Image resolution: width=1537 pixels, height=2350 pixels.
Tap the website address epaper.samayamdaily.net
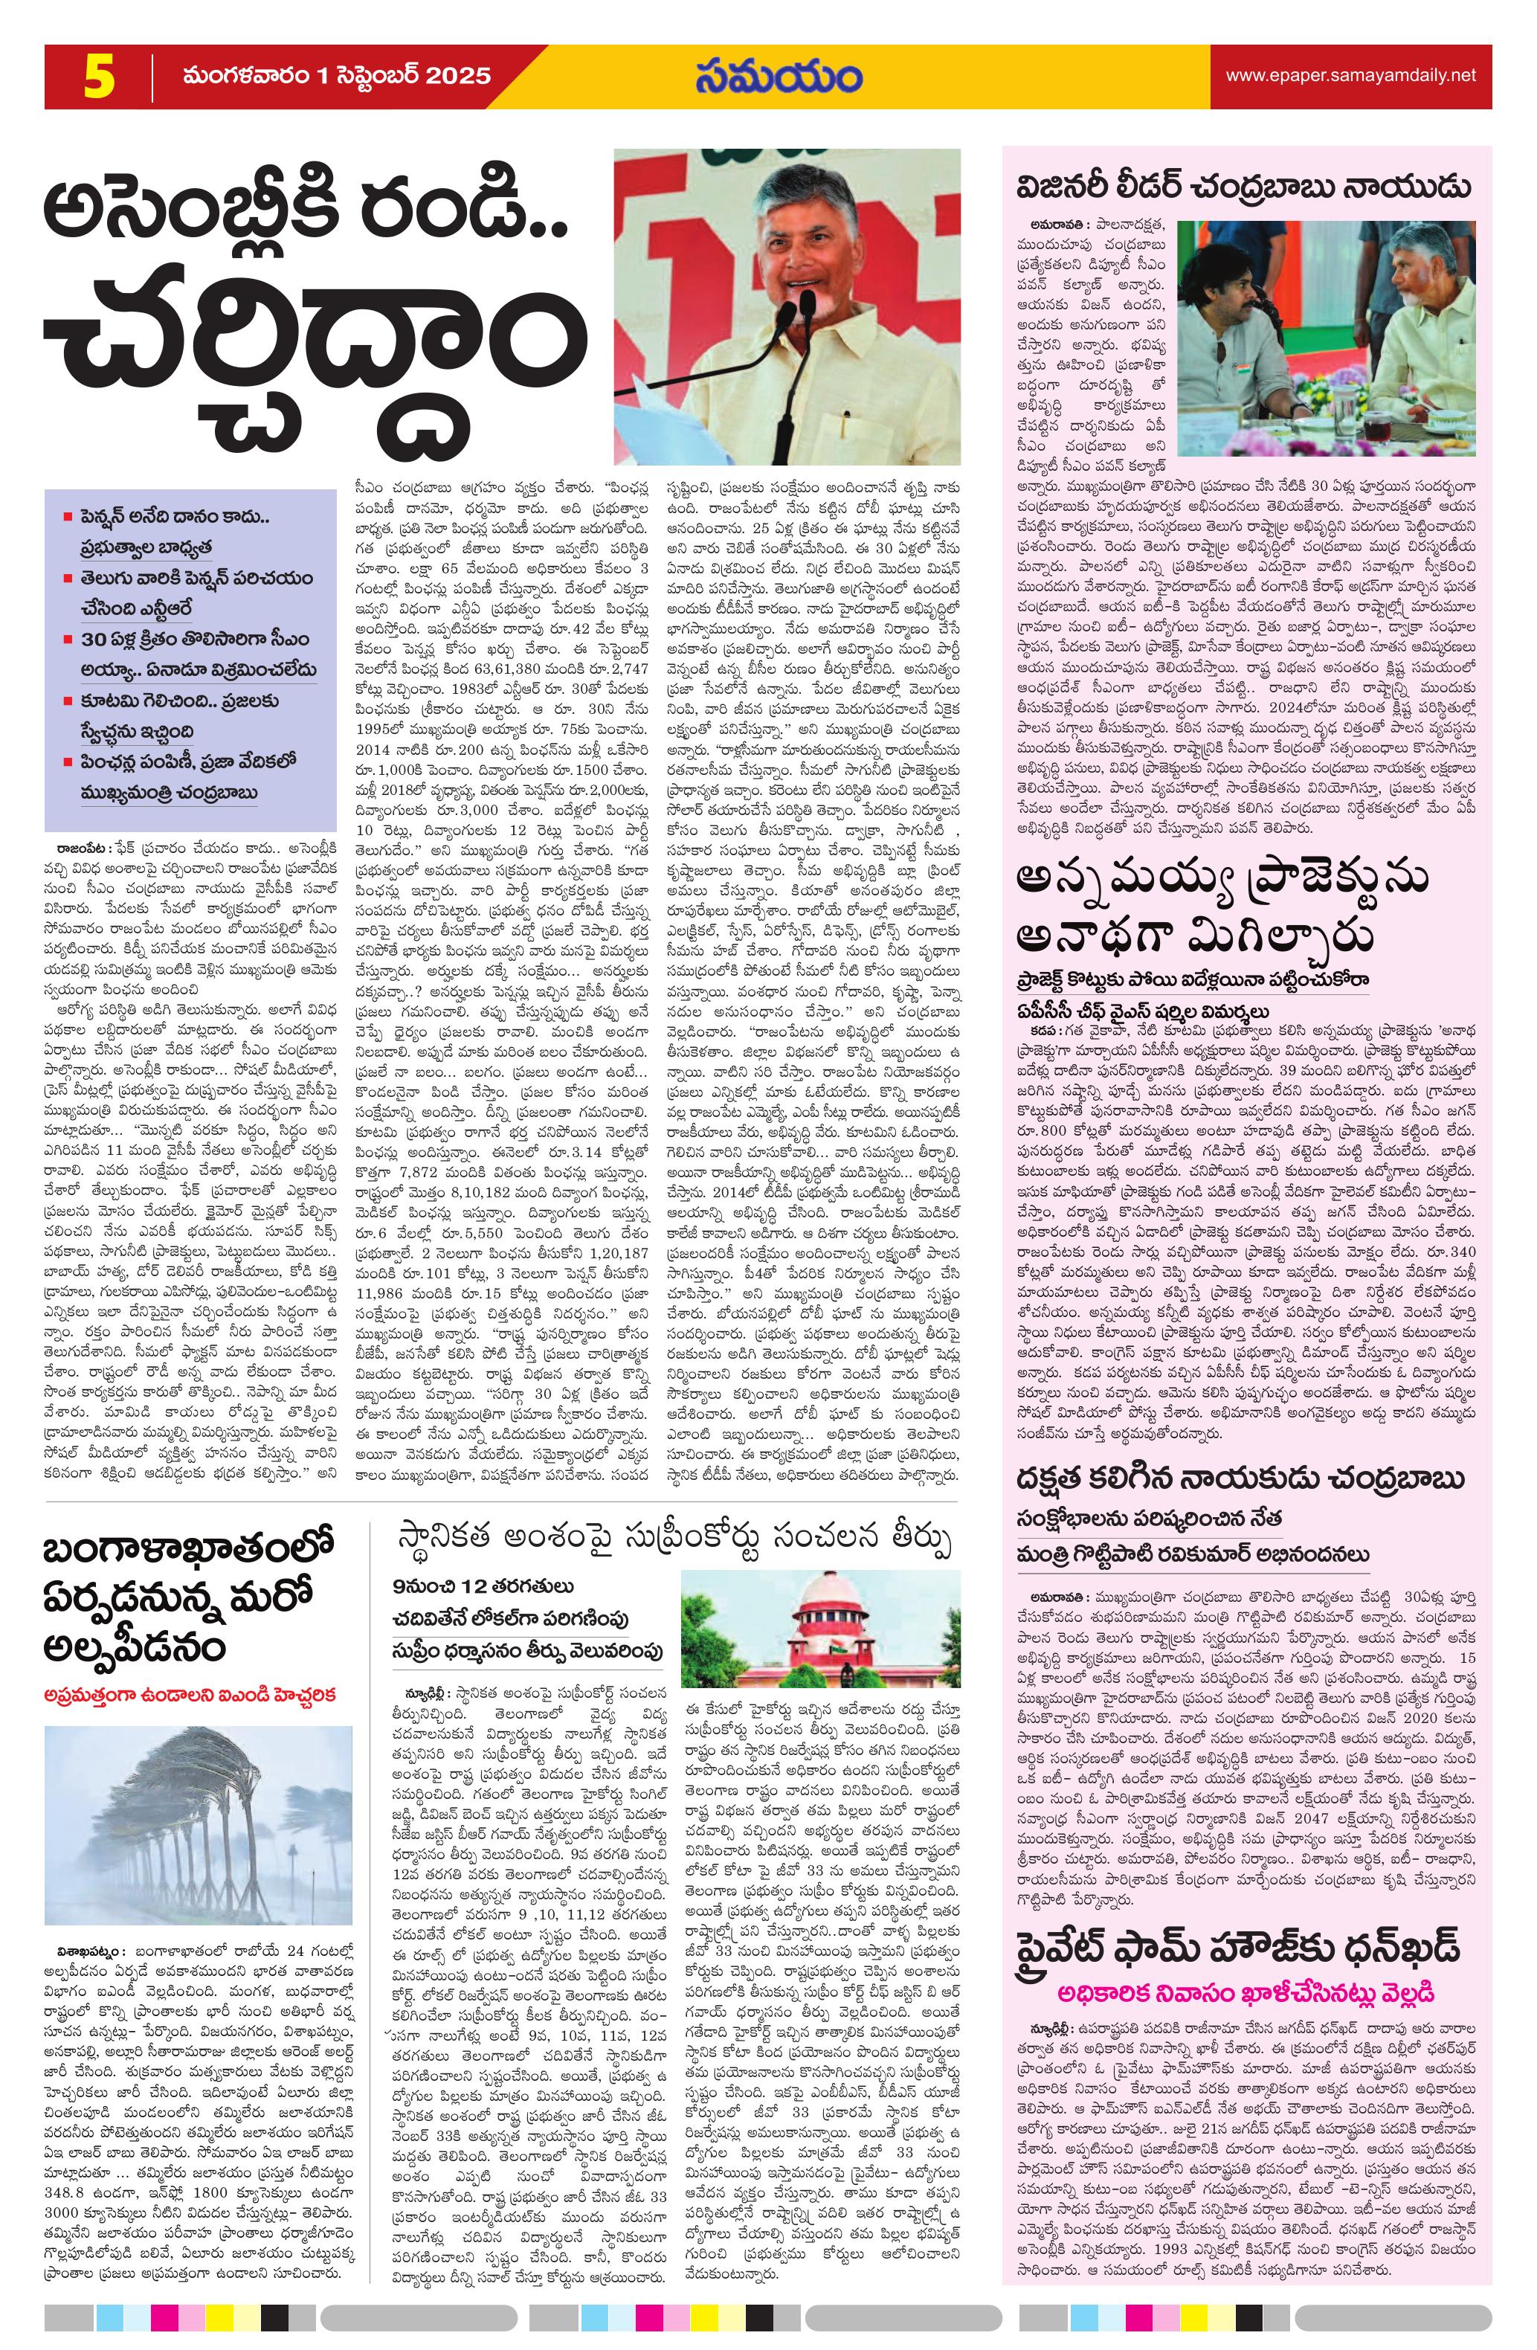(1350, 75)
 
